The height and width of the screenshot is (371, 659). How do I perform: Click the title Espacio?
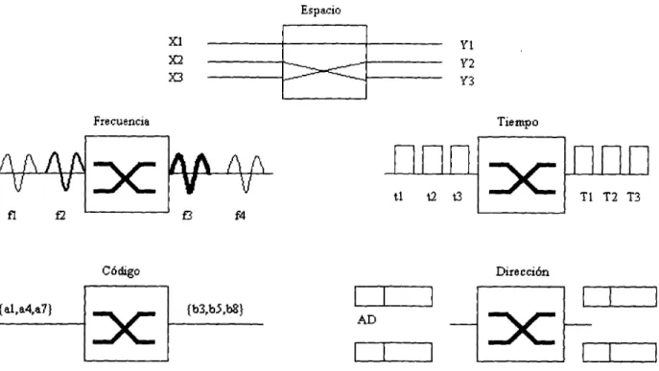point(320,11)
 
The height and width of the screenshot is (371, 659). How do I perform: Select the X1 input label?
point(176,41)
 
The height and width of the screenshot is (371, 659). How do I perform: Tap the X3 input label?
point(176,78)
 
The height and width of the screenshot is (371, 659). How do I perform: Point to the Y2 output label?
point(467,63)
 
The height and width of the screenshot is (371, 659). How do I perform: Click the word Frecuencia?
point(121,122)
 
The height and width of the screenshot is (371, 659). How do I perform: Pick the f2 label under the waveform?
point(60,216)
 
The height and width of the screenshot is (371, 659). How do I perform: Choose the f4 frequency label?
point(240,216)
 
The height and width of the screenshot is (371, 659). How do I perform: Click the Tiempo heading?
point(518,122)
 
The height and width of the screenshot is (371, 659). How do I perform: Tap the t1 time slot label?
point(398,197)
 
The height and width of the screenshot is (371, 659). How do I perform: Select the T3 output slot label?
point(633,197)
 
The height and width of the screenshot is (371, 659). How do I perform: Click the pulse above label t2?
point(432,160)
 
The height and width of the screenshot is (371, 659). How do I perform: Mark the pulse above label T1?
point(584,160)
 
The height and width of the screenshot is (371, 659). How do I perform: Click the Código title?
point(121,271)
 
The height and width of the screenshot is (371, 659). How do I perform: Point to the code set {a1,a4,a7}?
point(27,310)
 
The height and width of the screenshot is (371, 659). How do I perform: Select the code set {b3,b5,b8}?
point(215,310)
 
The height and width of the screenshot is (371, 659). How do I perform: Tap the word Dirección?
point(523,271)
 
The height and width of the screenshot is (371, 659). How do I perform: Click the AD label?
point(366,320)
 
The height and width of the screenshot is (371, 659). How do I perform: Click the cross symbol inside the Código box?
point(125,328)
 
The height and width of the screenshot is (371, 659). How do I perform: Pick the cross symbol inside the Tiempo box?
point(523,179)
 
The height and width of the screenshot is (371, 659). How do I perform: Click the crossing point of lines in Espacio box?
point(324,71)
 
